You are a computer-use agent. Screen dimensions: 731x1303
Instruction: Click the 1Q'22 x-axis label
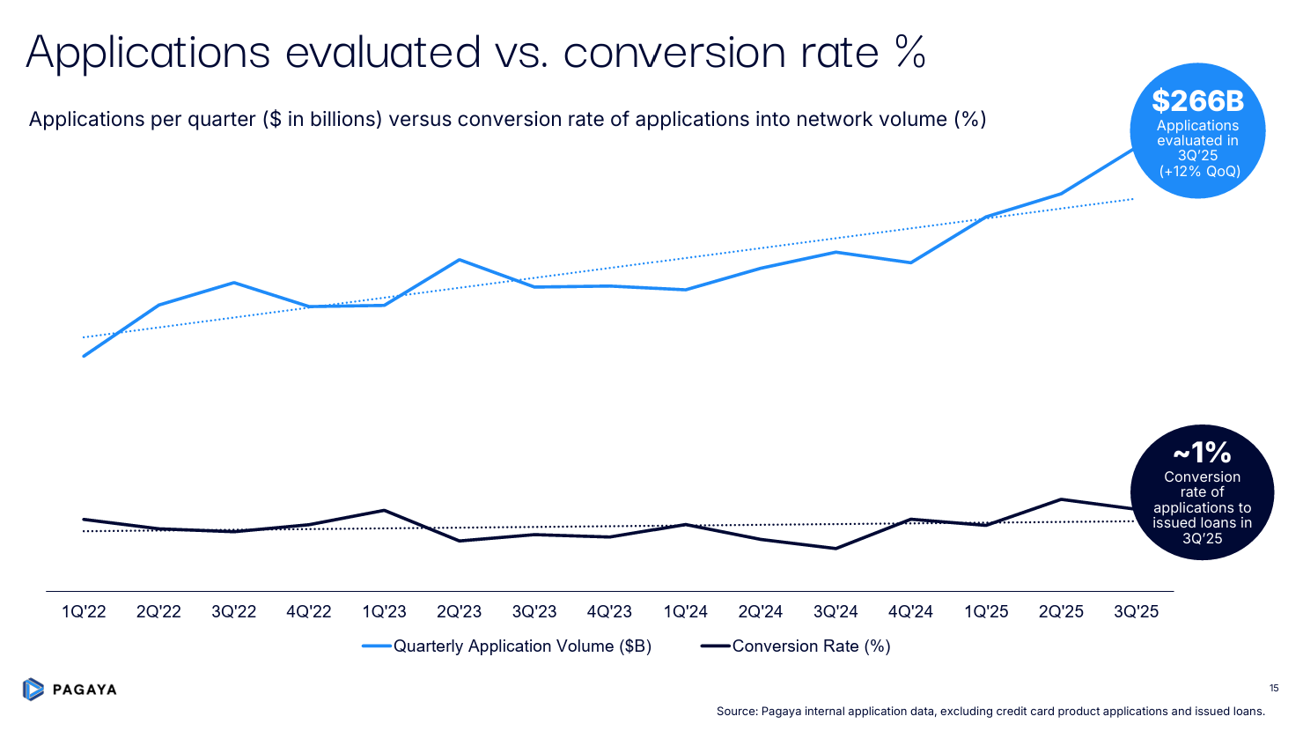click(x=84, y=611)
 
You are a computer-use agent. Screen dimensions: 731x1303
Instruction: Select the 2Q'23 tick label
click(x=459, y=611)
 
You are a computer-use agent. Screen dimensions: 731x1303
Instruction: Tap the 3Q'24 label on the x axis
click(x=835, y=611)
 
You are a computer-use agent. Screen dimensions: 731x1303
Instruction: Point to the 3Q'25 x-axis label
click(x=1136, y=611)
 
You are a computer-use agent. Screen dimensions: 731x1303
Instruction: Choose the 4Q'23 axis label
click(x=609, y=611)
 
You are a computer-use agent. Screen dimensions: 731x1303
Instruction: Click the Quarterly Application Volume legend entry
click(x=521, y=646)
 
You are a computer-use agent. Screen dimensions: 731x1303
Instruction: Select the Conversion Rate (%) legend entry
click(x=810, y=646)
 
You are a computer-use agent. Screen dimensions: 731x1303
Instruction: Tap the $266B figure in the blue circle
click(x=1197, y=101)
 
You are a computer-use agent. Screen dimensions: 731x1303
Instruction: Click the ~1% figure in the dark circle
click(x=1202, y=453)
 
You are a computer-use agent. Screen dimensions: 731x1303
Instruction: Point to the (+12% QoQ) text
click(x=1199, y=171)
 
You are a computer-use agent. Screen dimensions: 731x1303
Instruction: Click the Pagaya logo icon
click(x=33, y=689)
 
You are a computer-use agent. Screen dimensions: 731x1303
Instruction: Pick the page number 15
click(x=1274, y=688)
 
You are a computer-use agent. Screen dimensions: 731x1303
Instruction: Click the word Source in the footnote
click(x=736, y=712)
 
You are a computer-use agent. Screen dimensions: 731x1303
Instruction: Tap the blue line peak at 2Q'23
click(x=459, y=260)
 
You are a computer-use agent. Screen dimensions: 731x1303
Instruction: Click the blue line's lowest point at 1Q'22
click(x=84, y=356)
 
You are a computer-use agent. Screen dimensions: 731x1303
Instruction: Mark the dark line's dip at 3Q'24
click(x=835, y=549)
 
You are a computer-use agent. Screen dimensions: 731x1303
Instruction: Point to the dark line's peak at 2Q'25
click(x=1061, y=499)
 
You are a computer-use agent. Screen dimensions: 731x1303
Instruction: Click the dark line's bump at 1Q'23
click(x=384, y=511)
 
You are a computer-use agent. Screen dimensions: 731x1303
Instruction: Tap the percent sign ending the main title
click(x=910, y=52)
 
